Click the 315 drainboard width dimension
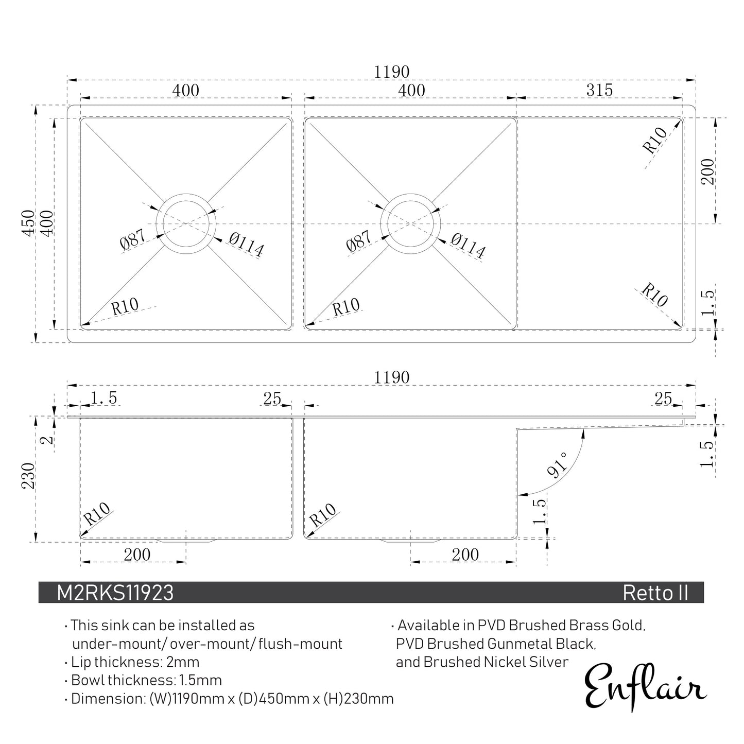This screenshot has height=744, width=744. [x=599, y=90]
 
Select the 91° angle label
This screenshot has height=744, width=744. [x=557, y=465]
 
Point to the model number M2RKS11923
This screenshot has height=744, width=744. [x=115, y=593]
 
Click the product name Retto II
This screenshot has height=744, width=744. [x=655, y=593]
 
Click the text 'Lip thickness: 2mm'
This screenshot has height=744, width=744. [x=135, y=662]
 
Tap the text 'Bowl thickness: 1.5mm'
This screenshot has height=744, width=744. [x=146, y=680]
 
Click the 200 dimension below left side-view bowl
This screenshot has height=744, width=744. [x=137, y=555]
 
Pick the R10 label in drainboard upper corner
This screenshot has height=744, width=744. [x=655, y=140]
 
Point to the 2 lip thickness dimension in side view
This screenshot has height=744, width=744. [x=47, y=440]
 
